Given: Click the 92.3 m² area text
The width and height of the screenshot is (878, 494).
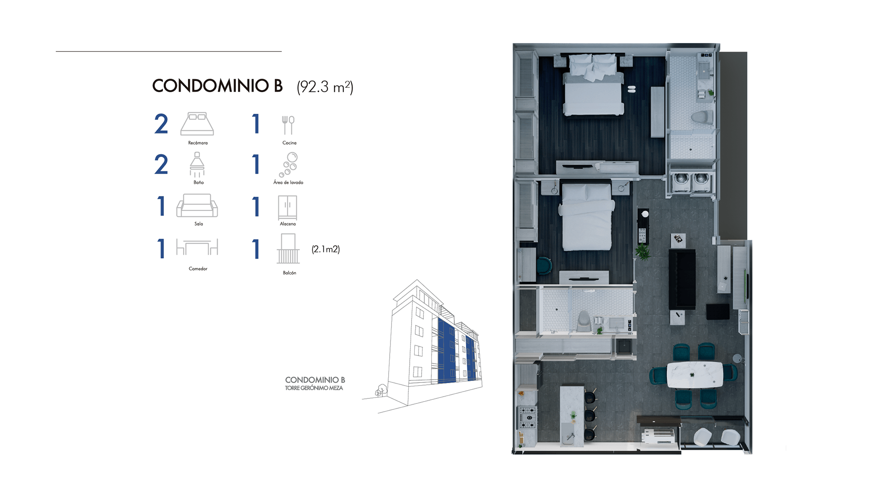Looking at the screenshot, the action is point(325,87).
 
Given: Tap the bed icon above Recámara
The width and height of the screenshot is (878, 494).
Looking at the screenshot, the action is point(197,124).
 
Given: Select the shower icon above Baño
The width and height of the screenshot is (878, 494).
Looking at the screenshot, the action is point(197,165).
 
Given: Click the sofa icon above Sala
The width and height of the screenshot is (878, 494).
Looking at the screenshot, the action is point(197,205).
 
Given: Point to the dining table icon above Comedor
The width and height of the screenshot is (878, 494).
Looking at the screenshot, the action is point(197,247).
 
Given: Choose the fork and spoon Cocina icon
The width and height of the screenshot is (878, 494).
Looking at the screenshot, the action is point(288,125).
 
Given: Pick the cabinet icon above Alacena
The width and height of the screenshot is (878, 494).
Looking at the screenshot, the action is point(288,208).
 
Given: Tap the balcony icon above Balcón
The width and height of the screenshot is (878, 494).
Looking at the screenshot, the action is point(288,249).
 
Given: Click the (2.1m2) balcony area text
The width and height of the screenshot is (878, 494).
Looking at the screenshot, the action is point(326,249).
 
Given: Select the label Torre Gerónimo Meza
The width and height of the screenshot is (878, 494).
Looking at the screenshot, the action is point(314,388).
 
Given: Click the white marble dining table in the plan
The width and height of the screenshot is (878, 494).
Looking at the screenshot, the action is point(695,375).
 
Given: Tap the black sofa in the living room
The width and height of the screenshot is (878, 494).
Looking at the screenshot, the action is point(682,279).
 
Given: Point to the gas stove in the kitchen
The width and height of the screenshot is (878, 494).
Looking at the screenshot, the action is point(527,418).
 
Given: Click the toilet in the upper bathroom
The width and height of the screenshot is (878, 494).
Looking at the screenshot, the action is point(702,117).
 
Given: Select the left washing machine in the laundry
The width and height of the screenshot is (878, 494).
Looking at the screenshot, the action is point(681,180).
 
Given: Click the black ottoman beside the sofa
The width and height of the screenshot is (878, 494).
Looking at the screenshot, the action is point(718,311).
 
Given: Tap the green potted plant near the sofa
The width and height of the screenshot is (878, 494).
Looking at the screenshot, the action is point(642,252).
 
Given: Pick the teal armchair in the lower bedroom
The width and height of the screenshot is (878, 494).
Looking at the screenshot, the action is point(544,266).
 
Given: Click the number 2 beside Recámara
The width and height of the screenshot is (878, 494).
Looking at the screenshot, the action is point(161,124).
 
